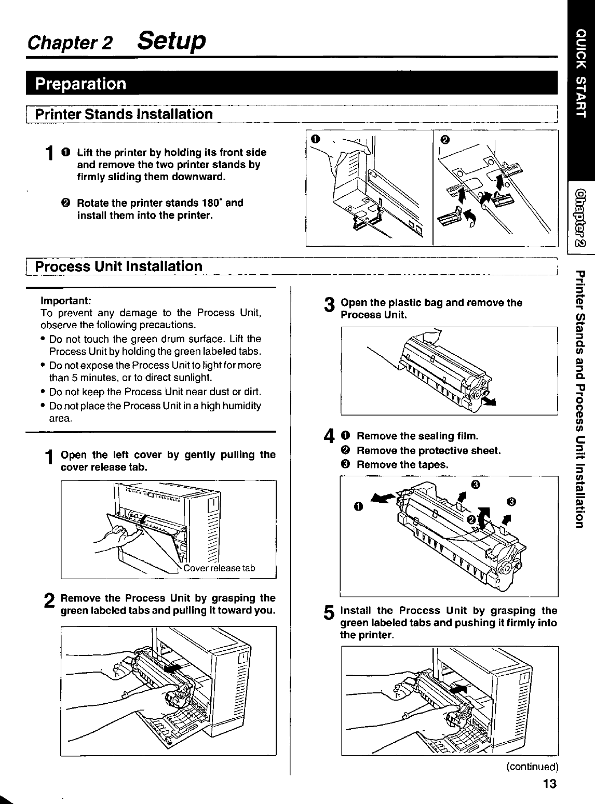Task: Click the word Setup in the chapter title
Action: pyautogui.click(x=171, y=42)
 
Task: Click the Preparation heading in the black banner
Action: pyautogui.click(x=80, y=84)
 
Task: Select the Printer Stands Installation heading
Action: pyautogui.click(x=124, y=114)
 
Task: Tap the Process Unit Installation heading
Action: pyautogui.click(x=118, y=266)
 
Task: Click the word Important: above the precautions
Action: pyautogui.click(x=65, y=301)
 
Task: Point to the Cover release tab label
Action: pyautogui.click(x=219, y=568)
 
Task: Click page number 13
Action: pyautogui.click(x=550, y=784)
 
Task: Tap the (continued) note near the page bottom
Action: pyautogui.click(x=532, y=767)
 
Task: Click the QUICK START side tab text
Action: pyautogui.click(x=580, y=73)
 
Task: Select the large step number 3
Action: pyautogui.click(x=329, y=305)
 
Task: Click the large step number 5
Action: pyautogui.click(x=329, y=613)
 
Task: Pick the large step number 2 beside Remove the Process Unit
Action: pyautogui.click(x=49, y=600)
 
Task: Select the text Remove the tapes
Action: pyautogui.click(x=402, y=464)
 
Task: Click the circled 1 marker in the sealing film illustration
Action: pyautogui.click(x=358, y=506)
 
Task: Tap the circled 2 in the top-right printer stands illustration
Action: pyautogui.click(x=445, y=140)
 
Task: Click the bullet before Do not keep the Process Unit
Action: pyautogui.click(x=43, y=392)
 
